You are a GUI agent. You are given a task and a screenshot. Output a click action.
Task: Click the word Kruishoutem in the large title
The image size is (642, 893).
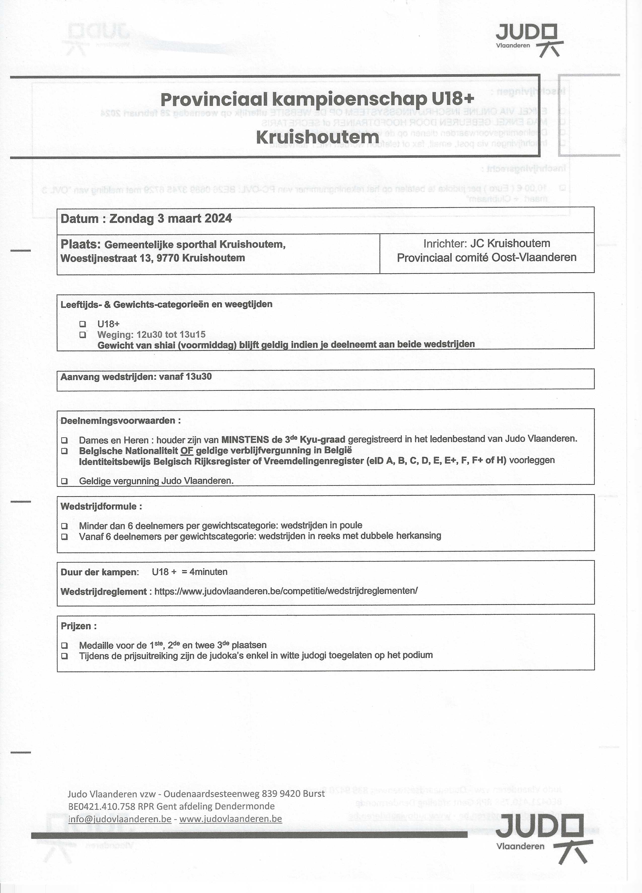pyautogui.click(x=317, y=137)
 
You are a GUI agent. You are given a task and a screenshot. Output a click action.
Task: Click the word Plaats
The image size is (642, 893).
pyautogui.click(x=79, y=245)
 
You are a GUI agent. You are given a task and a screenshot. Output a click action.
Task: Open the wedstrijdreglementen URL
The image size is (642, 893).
pyautogui.click(x=286, y=591)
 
